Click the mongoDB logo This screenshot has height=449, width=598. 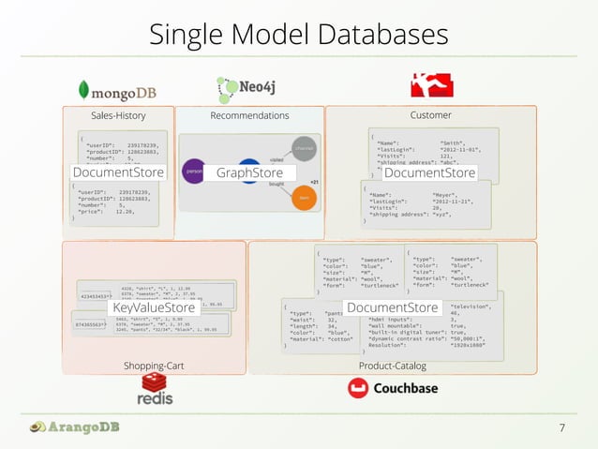pos(117,89)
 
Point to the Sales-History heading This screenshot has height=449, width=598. pos(118,115)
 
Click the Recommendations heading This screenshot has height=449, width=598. pos(249,115)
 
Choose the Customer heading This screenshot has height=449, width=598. pos(430,115)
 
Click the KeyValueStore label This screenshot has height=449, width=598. pos(154,307)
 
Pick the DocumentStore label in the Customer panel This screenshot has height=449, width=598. pos(430,172)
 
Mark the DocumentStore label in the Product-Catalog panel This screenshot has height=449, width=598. pos(392,307)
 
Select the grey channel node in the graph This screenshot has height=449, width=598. pos(304,148)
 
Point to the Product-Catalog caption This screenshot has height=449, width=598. pos(392,365)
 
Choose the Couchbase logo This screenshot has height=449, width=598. pos(392,388)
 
